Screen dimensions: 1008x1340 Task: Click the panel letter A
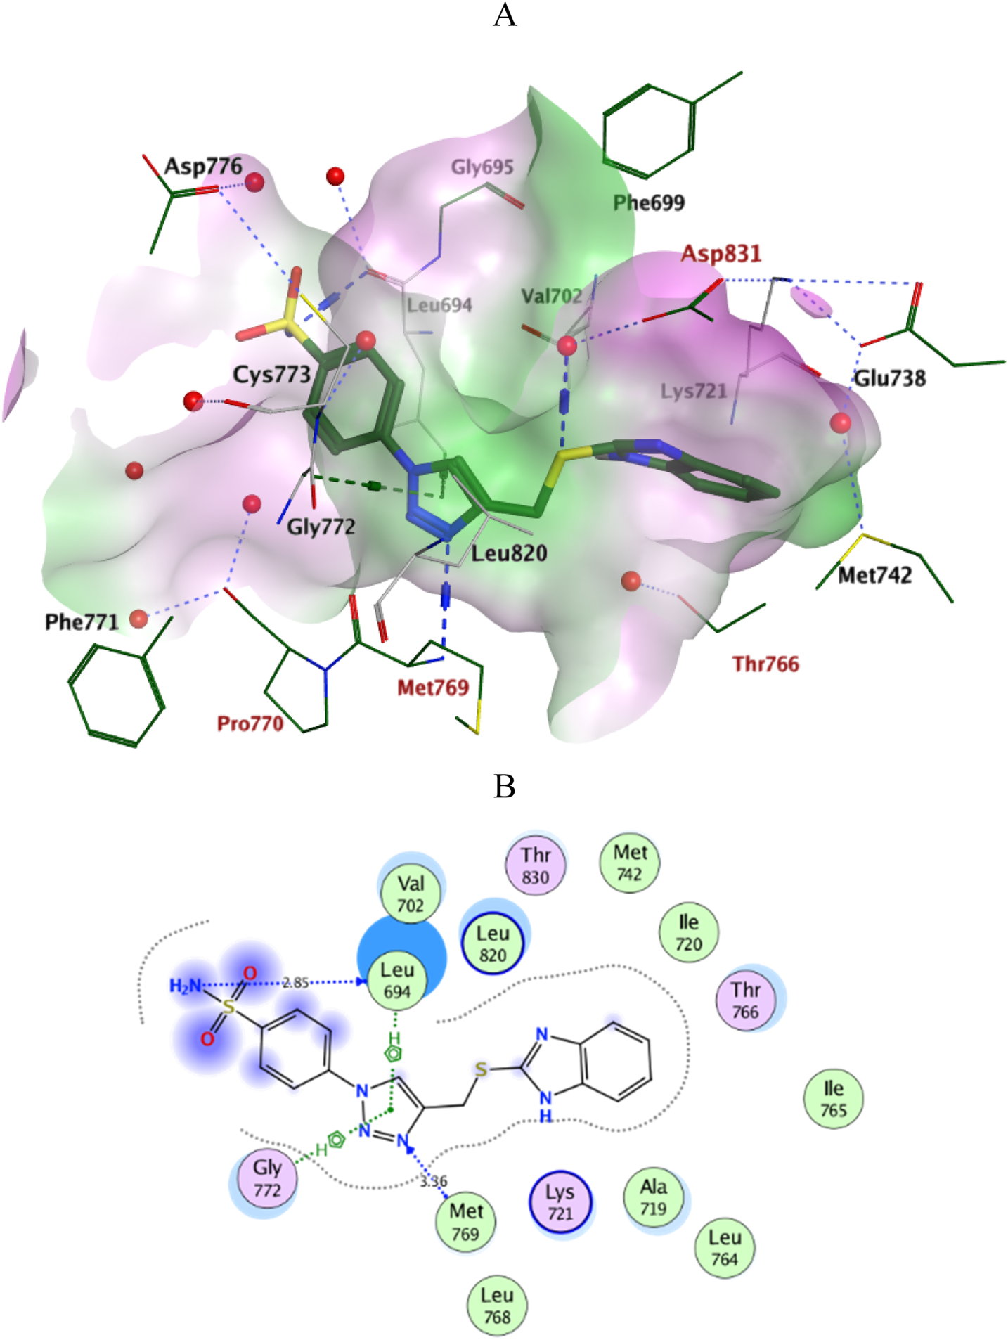click(x=505, y=15)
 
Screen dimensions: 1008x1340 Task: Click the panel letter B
click(x=505, y=786)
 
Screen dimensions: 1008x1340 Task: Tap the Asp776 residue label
click(x=202, y=167)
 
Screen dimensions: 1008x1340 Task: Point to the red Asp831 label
click(x=721, y=253)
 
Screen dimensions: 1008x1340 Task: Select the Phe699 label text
click(x=648, y=203)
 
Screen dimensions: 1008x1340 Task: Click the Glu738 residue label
click(x=889, y=378)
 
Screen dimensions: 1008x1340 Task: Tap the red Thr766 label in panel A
click(x=765, y=664)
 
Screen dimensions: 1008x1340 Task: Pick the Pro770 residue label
click(x=250, y=723)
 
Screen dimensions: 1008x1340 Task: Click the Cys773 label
click(x=271, y=375)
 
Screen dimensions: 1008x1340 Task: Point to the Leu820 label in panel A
click(x=509, y=553)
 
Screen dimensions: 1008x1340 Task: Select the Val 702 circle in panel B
click(x=411, y=894)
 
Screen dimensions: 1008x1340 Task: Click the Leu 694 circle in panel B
click(x=397, y=981)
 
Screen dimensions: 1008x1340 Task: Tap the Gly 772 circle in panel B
click(x=267, y=1178)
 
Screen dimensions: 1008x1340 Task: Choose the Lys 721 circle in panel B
click(x=560, y=1202)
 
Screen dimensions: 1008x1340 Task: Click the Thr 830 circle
click(x=536, y=865)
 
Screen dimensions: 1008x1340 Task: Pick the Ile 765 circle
click(x=834, y=1099)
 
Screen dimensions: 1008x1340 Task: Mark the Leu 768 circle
click(x=497, y=1306)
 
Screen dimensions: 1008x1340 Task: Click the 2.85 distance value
click(x=295, y=982)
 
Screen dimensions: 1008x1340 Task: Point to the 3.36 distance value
click(x=434, y=1181)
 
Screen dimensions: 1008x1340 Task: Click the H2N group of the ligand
click(x=186, y=986)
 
